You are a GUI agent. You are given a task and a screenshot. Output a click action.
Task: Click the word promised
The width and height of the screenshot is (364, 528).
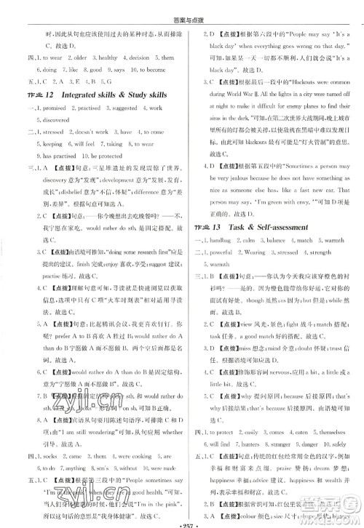(x=52, y=108)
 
